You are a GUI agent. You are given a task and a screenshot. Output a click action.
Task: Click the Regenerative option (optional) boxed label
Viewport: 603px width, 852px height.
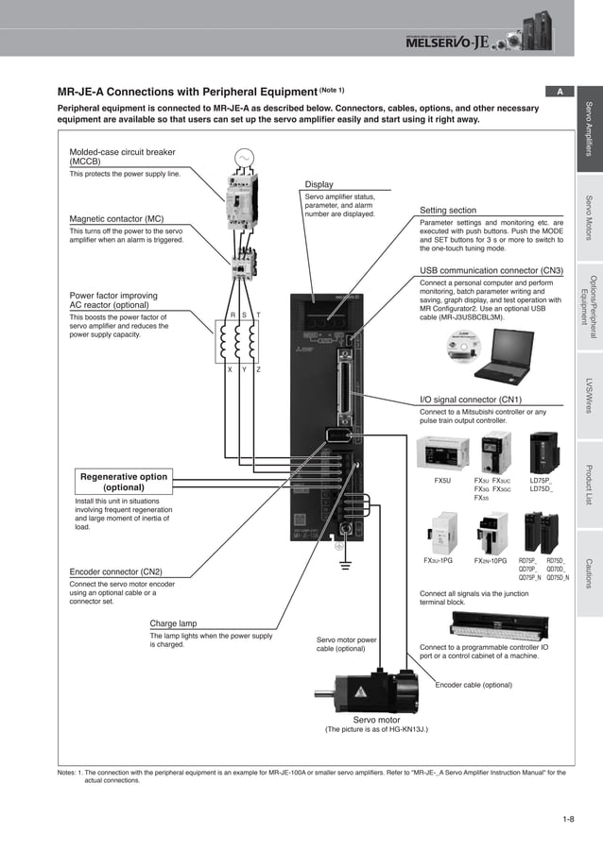click(123, 483)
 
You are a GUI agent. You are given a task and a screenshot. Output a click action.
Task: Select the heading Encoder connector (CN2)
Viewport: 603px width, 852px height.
click(115, 571)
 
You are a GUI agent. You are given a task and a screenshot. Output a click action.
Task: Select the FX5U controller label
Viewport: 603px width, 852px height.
click(441, 481)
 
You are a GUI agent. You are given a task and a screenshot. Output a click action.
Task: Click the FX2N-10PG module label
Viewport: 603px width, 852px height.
click(490, 561)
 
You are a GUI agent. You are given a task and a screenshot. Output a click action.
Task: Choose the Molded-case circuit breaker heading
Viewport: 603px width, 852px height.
click(122, 156)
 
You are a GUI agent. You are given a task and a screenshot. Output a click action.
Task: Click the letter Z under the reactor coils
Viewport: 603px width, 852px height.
click(259, 368)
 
